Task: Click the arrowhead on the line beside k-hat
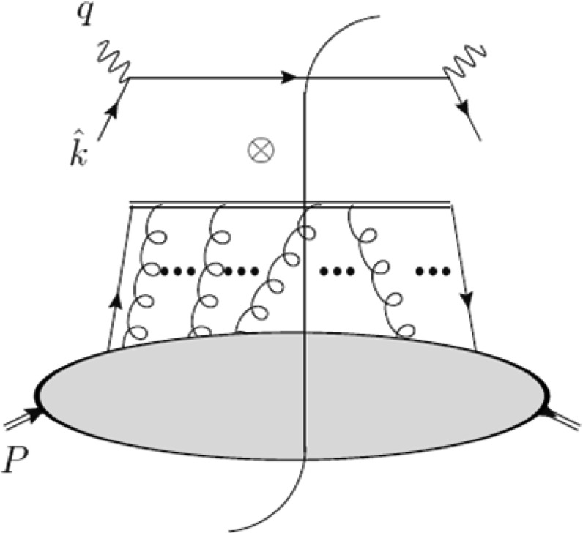[x=113, y=111]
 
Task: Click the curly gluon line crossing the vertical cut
[x=275, y=271]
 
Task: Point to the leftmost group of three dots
[x=176, y=272]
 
